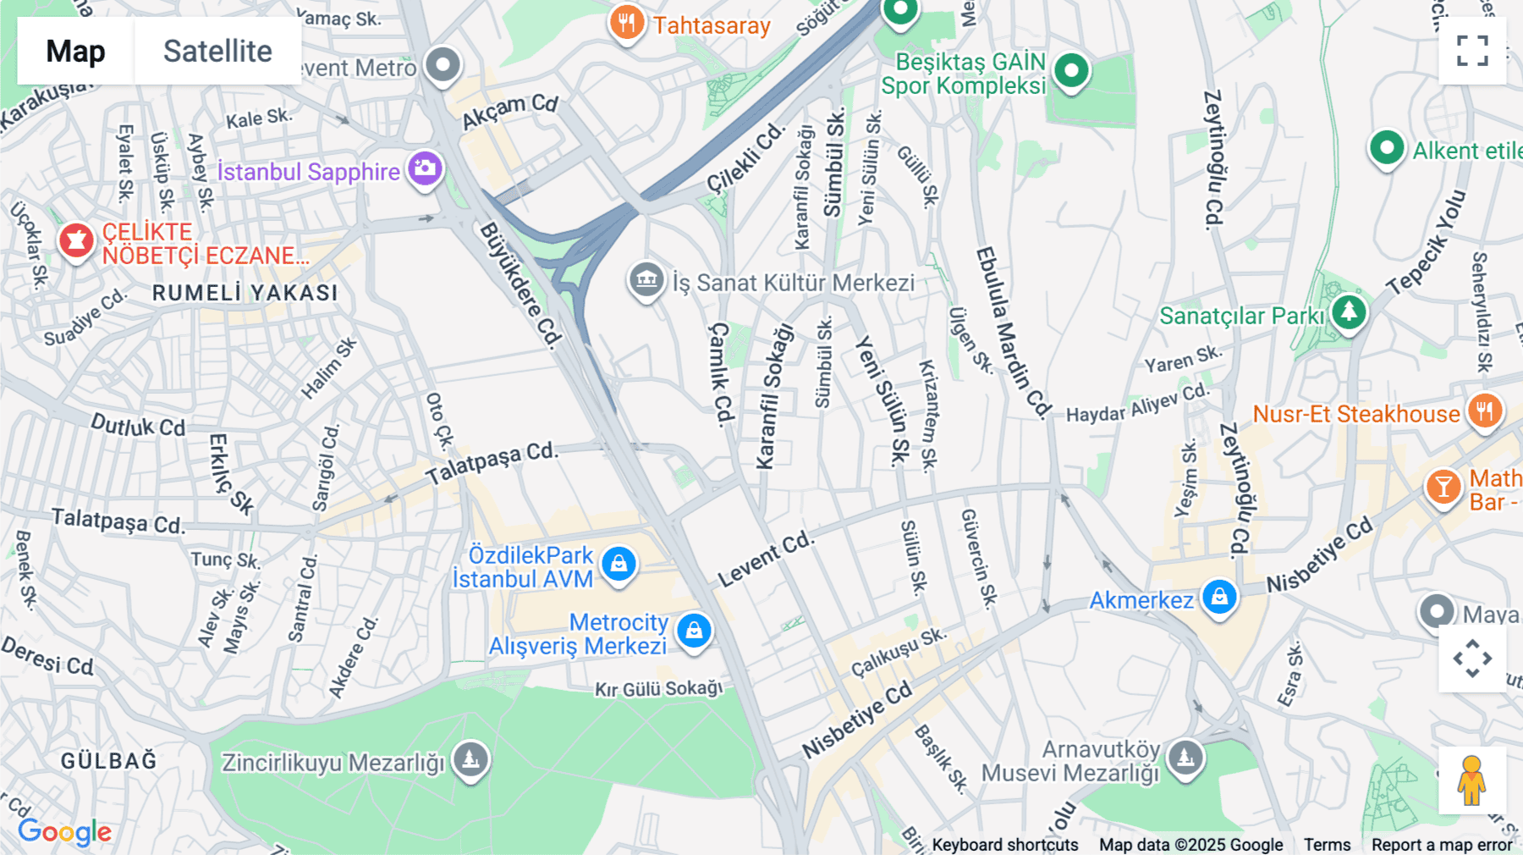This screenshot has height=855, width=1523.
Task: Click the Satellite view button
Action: coord(217,51)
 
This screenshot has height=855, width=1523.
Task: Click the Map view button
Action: coord(75,51)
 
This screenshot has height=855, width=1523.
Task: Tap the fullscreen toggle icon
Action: coord(1472,51)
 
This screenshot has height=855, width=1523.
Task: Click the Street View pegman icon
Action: coord(1471,780)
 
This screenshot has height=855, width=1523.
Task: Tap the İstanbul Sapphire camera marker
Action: coord(425,168)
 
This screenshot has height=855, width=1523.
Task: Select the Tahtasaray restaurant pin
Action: coord(626,23)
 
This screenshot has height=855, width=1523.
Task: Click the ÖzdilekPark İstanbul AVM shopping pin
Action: coord(619,564)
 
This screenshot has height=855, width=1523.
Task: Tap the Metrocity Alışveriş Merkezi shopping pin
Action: coord(694,631)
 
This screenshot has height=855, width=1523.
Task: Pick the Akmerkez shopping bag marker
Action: coord(1219,598)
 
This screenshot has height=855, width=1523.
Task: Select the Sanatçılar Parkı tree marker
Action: coord(1349,312)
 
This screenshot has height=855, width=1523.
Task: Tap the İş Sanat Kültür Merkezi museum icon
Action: coord(646,279)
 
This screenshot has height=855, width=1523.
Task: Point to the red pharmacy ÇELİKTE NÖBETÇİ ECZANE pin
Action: coord(76,240)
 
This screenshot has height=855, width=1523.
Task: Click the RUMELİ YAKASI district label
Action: coord(245,293)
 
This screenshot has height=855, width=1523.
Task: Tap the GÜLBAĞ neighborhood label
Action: coord(109,760)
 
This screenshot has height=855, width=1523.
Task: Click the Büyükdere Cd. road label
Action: coord(521,285)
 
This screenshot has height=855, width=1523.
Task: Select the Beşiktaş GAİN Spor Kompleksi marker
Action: coord(1071,70)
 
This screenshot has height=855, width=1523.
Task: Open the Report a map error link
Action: coord(1442,844)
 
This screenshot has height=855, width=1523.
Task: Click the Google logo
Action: coord(65,831)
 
